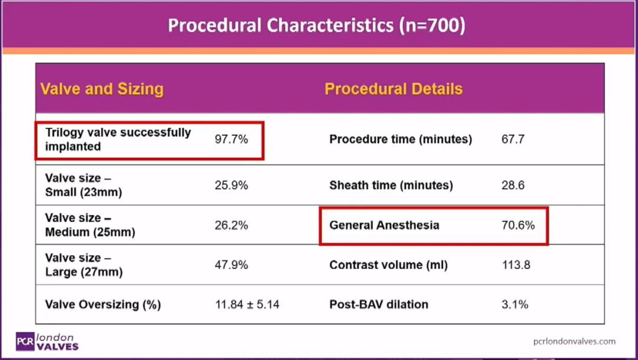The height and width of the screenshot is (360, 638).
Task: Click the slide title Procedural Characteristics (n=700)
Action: [317, 25]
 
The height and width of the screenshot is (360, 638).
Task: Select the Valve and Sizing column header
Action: [102, 89]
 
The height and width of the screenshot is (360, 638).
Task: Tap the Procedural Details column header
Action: [393, 89]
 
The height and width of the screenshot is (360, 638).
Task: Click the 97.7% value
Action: [231, 140]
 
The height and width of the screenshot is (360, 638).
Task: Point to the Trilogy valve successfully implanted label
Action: [118, 140]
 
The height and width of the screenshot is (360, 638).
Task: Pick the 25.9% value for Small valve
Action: [231, 185]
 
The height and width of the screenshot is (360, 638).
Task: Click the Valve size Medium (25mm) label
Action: [90, 225]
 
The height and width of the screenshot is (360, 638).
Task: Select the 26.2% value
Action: [231, 225]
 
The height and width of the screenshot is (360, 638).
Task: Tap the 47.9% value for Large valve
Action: [231, 265]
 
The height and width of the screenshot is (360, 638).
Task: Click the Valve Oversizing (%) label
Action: [103, 304]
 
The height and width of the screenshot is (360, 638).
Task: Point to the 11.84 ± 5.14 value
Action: [247, 304]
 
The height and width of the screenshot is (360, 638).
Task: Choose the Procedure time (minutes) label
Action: [401, 140]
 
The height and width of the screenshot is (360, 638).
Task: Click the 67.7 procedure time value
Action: [513, 140]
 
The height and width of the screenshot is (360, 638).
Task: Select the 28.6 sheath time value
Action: [513, 185]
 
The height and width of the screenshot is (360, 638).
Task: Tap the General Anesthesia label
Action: [384, 225]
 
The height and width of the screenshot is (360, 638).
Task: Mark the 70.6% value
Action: [518, 225]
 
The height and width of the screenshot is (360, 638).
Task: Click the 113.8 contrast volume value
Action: [516, 265]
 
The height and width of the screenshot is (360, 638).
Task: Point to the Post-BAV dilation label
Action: [379, 304]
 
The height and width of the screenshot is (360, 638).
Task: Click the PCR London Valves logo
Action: [47, 342]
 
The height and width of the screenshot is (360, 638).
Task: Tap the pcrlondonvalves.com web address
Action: [574, 341]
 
